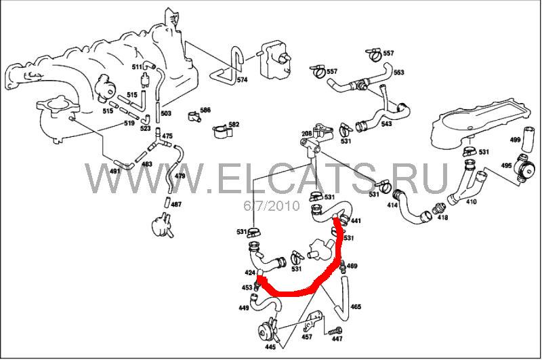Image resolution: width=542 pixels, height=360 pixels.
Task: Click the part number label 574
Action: (243, 79)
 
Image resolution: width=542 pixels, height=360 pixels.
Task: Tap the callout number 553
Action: (398, 73)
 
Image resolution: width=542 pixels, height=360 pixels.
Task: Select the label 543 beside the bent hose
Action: (387, 123)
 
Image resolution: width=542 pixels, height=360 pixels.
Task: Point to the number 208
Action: (306, 133)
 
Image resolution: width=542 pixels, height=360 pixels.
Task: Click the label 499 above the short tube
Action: (516, 140)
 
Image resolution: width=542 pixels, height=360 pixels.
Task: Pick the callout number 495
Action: (506, 165)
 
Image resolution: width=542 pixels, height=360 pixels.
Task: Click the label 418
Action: (443, 218)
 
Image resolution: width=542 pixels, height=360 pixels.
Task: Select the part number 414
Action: (392, 205)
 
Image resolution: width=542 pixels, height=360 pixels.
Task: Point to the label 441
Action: (356, 220)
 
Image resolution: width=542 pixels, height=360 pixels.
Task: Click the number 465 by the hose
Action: (356, 306)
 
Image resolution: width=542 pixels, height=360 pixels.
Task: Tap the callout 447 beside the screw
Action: (337, 338)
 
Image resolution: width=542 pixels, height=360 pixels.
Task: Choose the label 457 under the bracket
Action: (307, 336)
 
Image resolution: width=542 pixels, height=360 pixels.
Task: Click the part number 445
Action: (270, 347)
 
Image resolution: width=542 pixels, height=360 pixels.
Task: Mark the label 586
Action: (205, 110)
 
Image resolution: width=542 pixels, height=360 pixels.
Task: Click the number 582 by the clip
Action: (234, 124)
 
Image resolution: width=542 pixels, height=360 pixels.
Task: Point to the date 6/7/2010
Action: (272, 206)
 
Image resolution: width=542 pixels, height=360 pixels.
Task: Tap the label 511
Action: (138, 66)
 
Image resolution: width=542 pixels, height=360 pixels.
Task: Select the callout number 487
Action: (176, 204)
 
